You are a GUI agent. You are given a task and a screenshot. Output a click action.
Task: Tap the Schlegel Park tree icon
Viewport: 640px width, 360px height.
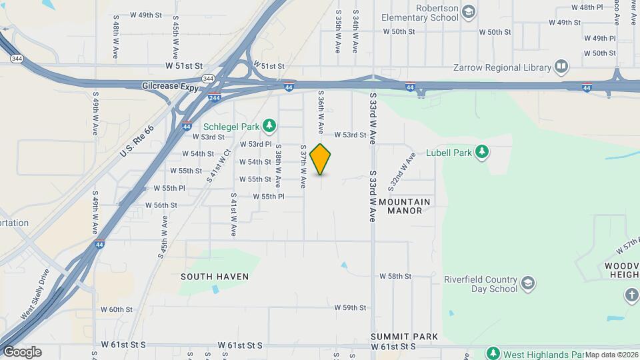tap(269, 125)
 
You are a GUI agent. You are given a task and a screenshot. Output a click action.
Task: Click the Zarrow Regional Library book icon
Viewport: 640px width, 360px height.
tap(561, 67)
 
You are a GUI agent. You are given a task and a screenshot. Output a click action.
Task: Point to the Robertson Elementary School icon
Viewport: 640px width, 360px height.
tap(469, 11)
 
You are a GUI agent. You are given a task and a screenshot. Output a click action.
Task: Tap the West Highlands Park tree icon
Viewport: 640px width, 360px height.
tap(493, 353)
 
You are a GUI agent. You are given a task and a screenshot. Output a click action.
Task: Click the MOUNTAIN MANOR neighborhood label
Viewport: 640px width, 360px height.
tap(405, 206)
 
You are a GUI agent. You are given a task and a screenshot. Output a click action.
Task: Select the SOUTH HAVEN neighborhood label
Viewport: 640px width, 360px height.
tap(215, 277)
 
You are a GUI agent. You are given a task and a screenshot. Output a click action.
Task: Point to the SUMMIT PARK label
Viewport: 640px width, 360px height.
tap(404, 337)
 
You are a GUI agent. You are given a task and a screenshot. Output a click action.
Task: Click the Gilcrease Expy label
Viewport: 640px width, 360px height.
tap(171, 86)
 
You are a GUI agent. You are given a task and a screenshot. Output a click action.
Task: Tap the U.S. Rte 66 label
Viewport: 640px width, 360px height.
tap(137, 142)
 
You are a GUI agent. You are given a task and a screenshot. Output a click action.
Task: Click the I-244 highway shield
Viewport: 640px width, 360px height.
tap(215, 97)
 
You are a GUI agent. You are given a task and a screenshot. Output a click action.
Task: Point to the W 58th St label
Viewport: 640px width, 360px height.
tap(396, 276)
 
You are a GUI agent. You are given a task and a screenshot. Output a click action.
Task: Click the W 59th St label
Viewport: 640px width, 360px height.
tap(350, 307)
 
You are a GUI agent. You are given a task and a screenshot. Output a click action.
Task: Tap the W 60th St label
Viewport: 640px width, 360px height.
tap(117, 309)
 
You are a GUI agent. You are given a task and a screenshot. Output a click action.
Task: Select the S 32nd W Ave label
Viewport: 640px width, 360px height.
tap(403, 169)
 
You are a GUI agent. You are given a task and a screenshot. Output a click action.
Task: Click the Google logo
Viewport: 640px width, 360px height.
tap(22, 352)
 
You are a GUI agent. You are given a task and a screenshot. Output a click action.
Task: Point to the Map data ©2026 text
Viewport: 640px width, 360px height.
tap(612, 355)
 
